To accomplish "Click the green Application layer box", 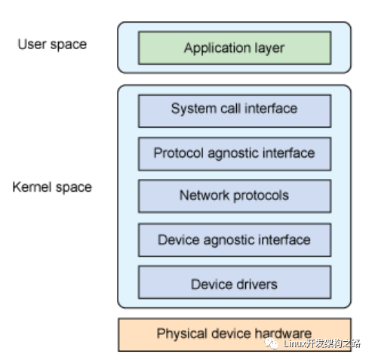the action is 235,48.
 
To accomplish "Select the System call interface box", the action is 235,111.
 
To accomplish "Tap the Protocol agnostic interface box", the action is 235,154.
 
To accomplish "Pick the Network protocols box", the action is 235,196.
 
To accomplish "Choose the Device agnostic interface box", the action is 235,240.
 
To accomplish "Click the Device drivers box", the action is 235,282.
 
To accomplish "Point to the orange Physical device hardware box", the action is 235,334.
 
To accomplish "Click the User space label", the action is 52,45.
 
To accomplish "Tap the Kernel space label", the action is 52,188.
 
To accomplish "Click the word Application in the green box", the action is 217,48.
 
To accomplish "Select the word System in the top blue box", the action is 194,109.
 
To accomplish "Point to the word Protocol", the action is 179,153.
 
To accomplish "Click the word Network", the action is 204,195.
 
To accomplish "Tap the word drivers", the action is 257,285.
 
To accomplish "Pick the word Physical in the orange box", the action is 182,334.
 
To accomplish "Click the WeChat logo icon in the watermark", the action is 271,343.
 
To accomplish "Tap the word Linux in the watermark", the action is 294,343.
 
